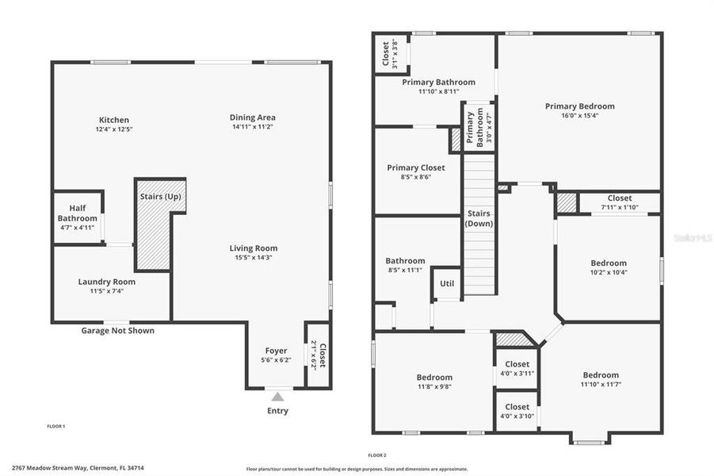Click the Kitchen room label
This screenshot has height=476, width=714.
pos(113,120)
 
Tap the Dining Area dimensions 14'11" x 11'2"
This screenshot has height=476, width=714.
pos(253,127)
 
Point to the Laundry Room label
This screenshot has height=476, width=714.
pos(106,282)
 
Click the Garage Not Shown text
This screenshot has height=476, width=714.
pos(118,331)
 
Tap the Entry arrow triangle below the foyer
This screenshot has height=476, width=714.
pos(277,395)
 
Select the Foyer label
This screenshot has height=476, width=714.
pos(276,351)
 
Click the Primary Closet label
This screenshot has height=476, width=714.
pos(415,168)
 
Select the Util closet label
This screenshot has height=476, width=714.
pos(447,282)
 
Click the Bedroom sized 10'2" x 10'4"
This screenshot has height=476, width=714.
pos(608,263)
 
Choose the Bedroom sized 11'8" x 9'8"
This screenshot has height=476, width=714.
pos(434,378)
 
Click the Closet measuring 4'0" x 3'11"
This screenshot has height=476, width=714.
pos(517,364)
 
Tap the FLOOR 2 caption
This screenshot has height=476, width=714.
pos(377,455)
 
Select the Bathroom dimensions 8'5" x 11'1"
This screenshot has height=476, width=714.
pos(405,271)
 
